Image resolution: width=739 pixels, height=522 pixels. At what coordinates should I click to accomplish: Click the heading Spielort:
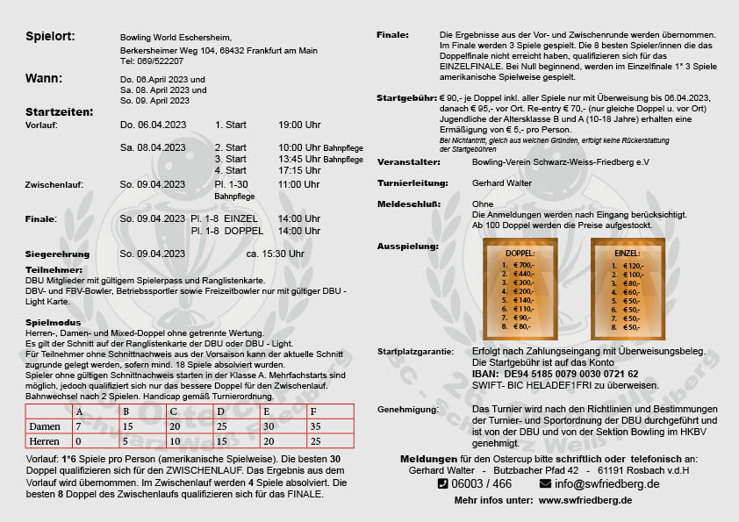tap(50, 36)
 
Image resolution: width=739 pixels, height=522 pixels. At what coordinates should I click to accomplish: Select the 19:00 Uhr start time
tap(299, 125)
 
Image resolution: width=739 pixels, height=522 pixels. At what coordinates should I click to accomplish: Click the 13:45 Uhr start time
tap(299, 159)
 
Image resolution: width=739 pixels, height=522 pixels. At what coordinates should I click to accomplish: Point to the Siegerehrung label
tap(58, 254)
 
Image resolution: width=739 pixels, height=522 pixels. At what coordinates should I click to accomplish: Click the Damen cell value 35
tap(314, 426)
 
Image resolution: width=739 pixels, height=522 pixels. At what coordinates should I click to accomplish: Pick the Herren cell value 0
tap(78, 440)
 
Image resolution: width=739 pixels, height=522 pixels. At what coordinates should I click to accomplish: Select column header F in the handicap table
tap(313, 411)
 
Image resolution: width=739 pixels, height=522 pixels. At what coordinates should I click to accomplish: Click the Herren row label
tap(44, 440)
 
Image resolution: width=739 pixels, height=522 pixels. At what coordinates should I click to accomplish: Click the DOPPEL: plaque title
tap(520, 254)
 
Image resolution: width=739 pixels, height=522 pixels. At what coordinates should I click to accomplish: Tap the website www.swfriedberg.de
tap(585, 500)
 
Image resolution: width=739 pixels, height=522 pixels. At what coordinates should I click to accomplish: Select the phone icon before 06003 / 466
tap(442, 483)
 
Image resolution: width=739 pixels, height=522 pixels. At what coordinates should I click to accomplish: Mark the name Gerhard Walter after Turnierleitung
tap(502, 182)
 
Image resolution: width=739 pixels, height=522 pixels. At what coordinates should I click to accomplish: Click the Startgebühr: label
tap(406, 98)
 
